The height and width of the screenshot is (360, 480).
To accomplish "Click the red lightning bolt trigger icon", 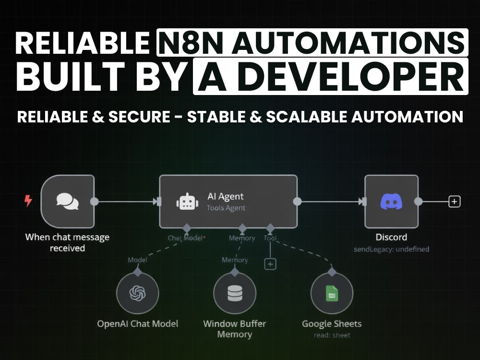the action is click(28, 201).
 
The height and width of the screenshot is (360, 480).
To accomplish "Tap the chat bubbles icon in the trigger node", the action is click(68, 202).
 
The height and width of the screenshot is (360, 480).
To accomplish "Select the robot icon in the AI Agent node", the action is click(187, 202).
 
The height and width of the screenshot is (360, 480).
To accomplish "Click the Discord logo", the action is click(391, 202).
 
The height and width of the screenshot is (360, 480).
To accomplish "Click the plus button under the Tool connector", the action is click(270, 264).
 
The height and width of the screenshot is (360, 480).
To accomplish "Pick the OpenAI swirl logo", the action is click(137, 293).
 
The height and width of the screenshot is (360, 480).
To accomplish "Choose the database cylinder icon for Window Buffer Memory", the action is click(235, 293).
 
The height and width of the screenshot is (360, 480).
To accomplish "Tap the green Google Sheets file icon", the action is click(332, 293).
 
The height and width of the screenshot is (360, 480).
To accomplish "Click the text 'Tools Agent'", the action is click(226, 208).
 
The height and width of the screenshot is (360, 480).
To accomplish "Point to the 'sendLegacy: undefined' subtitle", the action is click(391, 249).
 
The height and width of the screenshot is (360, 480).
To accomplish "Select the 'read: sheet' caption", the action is click(332, 335).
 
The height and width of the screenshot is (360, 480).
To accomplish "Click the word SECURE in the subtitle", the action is click(139, 117).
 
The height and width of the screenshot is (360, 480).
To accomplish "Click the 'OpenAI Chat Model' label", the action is click(137, 324).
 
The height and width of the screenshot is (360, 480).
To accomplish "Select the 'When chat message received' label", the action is click(67, 243).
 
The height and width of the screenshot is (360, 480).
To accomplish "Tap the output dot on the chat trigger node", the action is click(94, 202).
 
